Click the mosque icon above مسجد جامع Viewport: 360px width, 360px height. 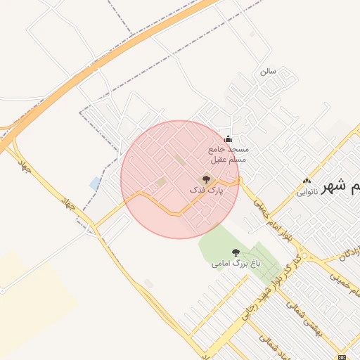[227, 139]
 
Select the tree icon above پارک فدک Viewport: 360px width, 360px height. [206, 179]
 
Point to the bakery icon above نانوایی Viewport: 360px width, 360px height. [307, 180]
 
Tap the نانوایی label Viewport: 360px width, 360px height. [307, 191]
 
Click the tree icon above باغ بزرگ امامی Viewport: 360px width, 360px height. [236, 252]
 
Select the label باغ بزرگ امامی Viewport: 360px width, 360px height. [236, 264]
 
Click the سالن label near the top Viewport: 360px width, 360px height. [268, 71]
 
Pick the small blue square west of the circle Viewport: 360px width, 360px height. [95, 184]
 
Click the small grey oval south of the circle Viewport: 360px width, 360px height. [148, 283]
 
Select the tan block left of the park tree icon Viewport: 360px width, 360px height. [162, 183]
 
